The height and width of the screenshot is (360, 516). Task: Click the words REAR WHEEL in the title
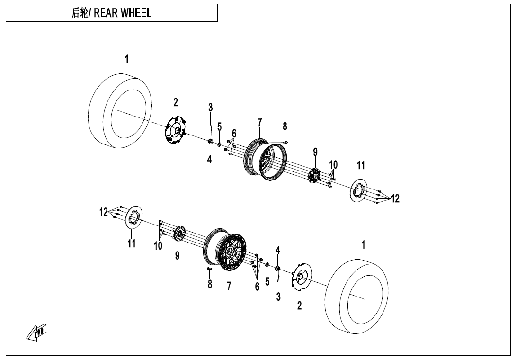point(123,13)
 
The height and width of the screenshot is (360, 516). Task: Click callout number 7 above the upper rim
point(259,123)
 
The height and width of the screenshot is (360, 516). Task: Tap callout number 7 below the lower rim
point(229,286)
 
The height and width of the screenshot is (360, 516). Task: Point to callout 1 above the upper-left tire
point(126,60)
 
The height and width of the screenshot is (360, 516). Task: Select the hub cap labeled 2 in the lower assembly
point(300,277)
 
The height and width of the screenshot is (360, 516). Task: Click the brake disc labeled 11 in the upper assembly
point(358,190)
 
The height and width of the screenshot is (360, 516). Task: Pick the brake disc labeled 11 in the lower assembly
point(134,217)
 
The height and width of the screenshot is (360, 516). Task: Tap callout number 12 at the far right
point(395,199)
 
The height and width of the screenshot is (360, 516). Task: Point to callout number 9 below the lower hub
point(177,256)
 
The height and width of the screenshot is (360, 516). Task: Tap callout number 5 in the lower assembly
point(267,281)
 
